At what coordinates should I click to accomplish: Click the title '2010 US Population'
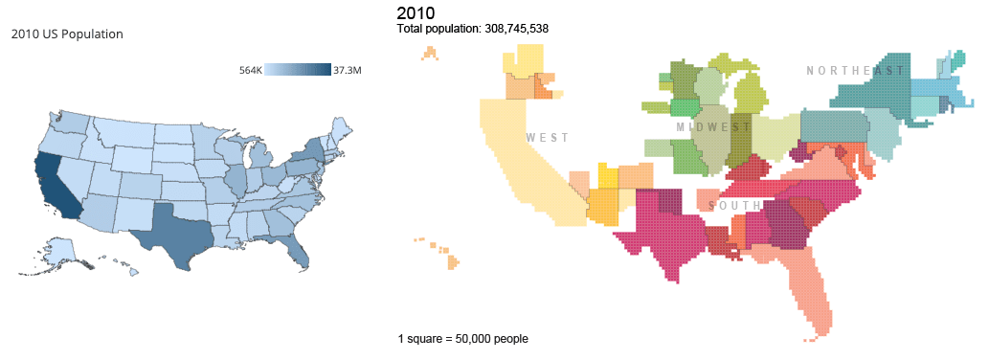click(67, 34)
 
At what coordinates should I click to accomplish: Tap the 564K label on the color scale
click(250, 70)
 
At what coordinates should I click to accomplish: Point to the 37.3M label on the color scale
click(347, 70)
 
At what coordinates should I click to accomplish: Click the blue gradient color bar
click(298, 70)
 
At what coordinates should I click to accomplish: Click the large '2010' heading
click(415, 12)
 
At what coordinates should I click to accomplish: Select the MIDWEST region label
click(712, 127)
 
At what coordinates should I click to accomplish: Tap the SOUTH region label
click(734, 206)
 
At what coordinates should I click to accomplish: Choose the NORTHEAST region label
click(855, 71)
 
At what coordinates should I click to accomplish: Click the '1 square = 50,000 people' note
click(462, 339)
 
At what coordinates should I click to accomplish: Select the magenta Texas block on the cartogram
click(661, 230)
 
